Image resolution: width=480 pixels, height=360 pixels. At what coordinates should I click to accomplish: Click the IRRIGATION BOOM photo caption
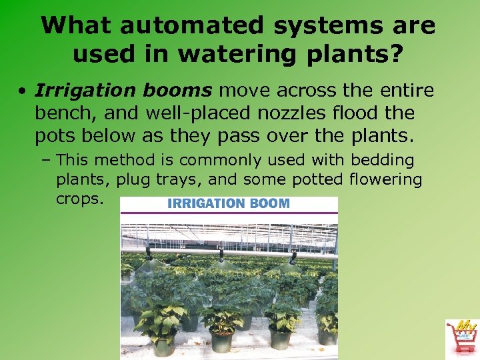coord(229,203)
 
